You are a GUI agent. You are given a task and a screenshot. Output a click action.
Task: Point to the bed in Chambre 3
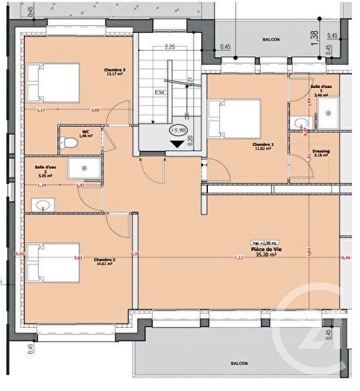coord(54,83)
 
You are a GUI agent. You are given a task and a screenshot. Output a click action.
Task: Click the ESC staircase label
coord(160,93)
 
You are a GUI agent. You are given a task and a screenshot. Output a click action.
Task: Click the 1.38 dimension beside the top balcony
coord(314,34)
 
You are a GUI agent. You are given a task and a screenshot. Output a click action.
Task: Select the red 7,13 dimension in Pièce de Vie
coord(238,258)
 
